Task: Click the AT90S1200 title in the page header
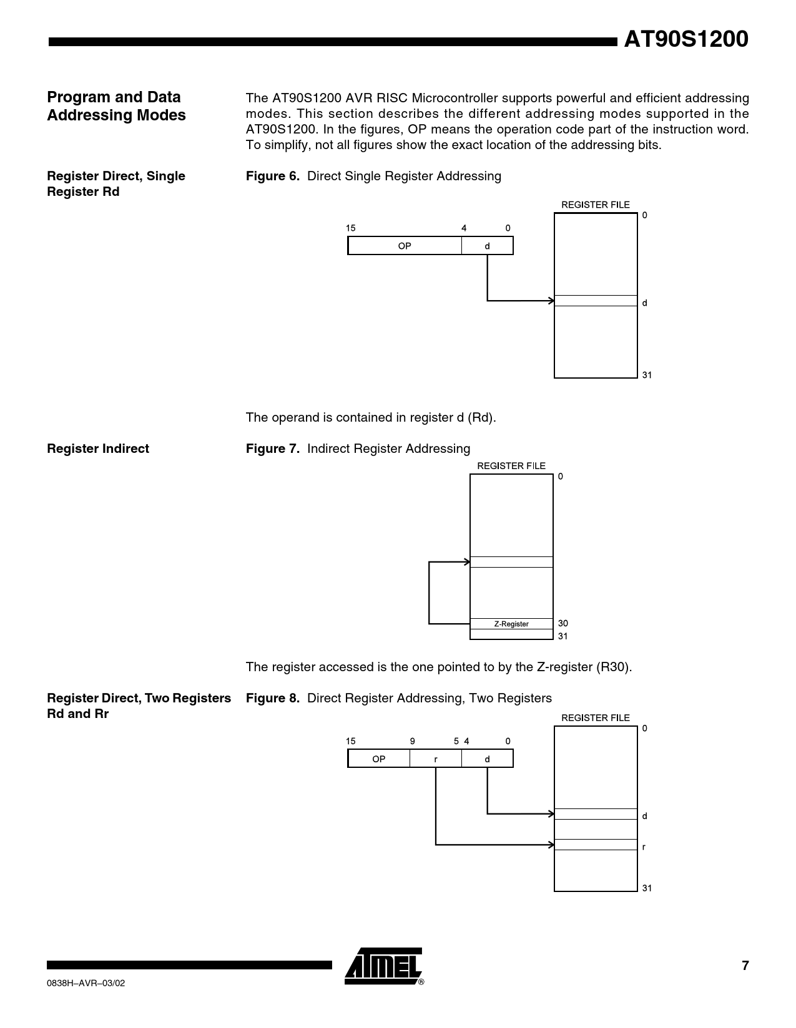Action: coord(686,40)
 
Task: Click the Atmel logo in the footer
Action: coord(383,966)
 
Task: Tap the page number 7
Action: coord(745,966)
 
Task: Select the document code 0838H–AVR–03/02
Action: coord(86,983)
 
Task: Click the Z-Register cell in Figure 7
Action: coord(511,624)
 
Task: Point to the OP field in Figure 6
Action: coord(405,246)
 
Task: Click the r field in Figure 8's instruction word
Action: coord(436,759)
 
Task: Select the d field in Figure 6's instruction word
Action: coord(487,246)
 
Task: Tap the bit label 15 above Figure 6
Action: coord(351,228)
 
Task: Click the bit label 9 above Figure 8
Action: coord(413,741)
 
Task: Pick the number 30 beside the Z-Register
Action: coord(563,623)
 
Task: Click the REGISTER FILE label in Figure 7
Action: coord(511,466)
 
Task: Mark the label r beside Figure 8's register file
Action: coord(644,847)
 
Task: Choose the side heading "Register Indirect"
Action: coord(98,449)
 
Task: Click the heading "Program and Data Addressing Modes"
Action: coord(116,106)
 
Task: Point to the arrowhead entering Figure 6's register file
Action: coord(551,301)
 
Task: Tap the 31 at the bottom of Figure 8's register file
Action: coord(647,888)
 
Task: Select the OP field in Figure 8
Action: coord(379,759)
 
